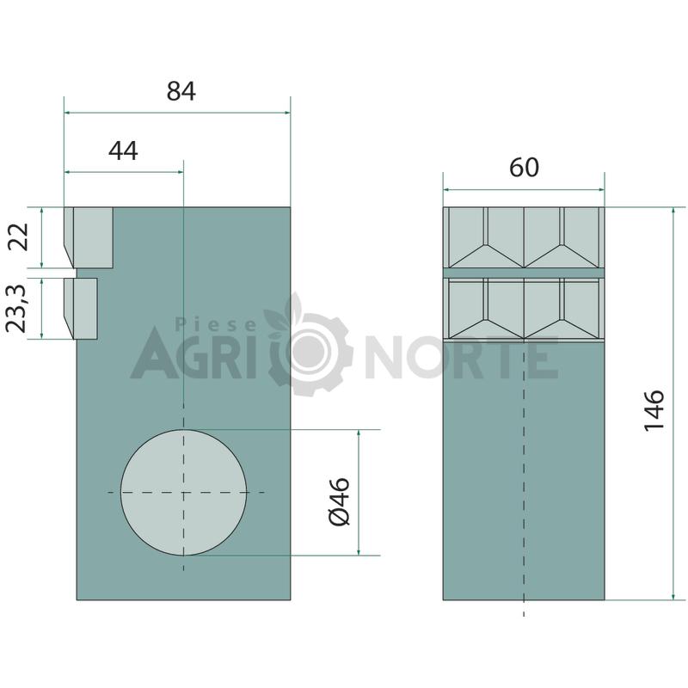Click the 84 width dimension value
coord(181,91)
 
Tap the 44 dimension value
coord(123,151)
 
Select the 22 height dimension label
coord(19,237)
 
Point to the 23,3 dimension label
coord(16,308)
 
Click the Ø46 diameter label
coord(340,501)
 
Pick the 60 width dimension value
coord(524,168)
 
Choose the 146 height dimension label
coord(654,410)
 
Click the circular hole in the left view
coord(183,492)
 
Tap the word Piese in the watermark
coord(216,325)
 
